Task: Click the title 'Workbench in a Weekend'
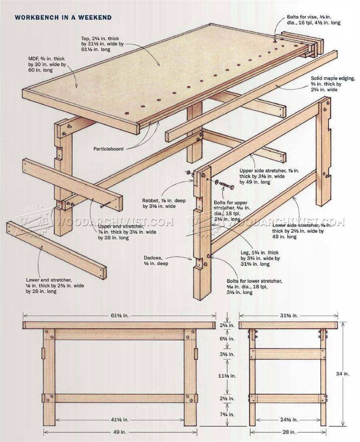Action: click(63, 18)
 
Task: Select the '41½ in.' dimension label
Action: click(120, 420)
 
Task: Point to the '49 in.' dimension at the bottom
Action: click(120, 432)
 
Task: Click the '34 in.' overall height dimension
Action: click(343, 374)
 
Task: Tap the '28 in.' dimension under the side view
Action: click(288, 432)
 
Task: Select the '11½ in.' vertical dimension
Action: click(227, 376)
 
